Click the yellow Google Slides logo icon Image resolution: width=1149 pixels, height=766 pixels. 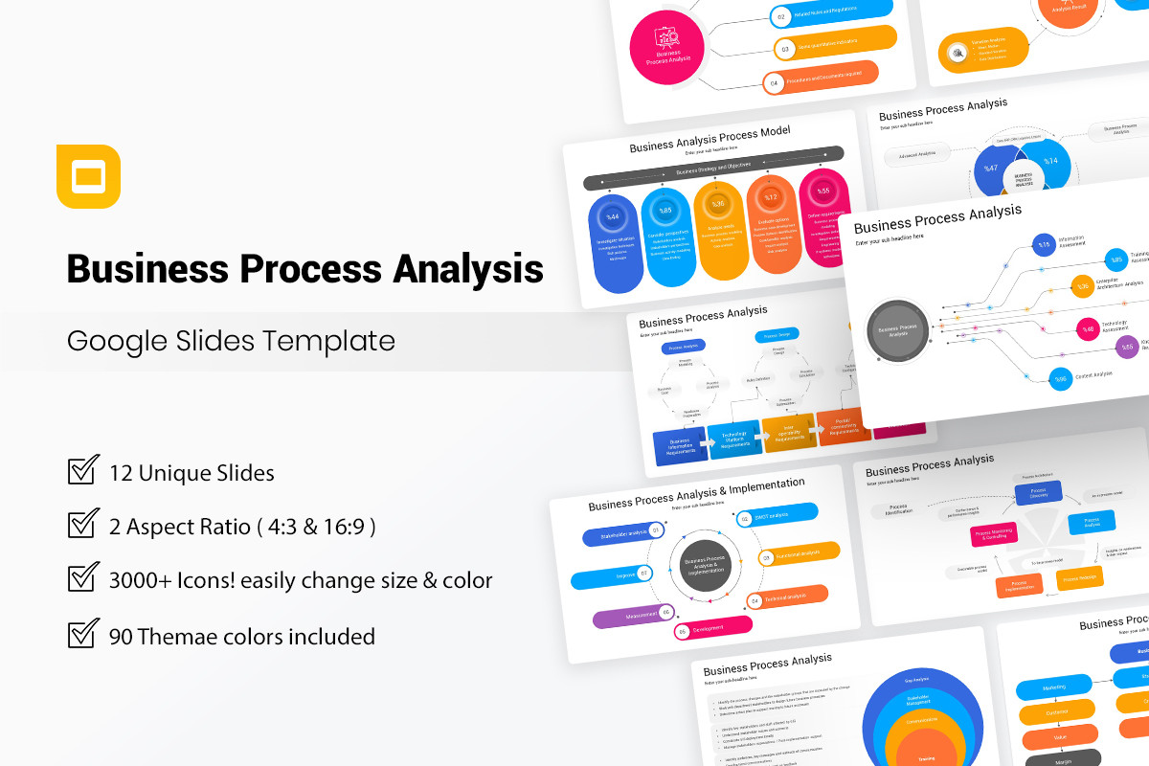coord(88,176)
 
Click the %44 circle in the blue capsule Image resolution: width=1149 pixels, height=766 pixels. coord(613,216)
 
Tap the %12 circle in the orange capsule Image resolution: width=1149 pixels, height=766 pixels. coord(770,197)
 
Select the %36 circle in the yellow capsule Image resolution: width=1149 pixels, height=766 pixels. coord(718,204)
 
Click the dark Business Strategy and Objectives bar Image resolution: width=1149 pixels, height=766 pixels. coord(713,167)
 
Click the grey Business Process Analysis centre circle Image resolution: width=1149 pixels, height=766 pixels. coord(897,330)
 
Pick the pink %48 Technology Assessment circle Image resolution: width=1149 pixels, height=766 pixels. coord(1087,329)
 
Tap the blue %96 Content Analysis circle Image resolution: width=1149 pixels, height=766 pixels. coord(1060,379)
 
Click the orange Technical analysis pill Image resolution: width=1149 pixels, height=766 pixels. coord(788,597)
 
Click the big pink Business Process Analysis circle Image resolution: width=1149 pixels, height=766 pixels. coord(666,46)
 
